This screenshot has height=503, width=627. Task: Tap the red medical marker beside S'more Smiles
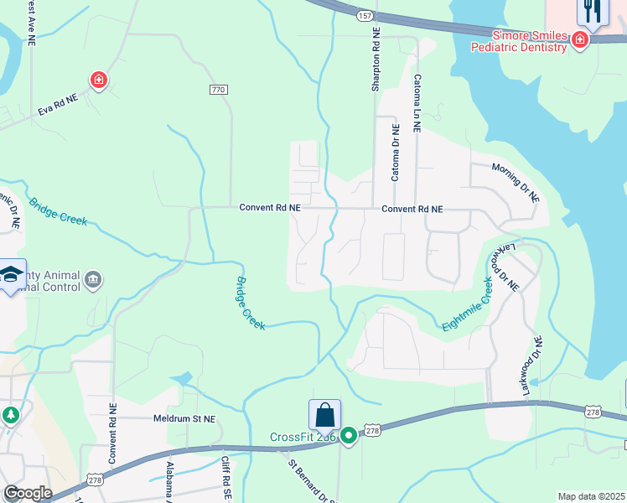[x=579, y=39]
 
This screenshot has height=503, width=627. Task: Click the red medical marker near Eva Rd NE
[x=99, y=80]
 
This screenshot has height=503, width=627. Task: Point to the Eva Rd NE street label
[x=57, y=105]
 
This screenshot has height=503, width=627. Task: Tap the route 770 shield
[x=218, y=90]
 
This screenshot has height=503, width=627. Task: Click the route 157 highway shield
[x=363, y=16]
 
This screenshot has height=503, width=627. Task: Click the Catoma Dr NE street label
[x=396, y=153]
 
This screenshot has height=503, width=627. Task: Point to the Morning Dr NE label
[x=516, y=181]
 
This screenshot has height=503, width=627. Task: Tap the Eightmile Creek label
[x=467, y=303]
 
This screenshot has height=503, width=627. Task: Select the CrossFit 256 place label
[x=302, y=437]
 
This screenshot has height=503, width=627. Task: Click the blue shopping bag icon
[x=324, y=415]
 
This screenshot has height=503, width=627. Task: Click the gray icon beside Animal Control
[x=93, y=279]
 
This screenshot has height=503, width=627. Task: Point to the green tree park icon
[x=11, y=416]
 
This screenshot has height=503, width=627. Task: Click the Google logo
[x=28, y=493]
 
